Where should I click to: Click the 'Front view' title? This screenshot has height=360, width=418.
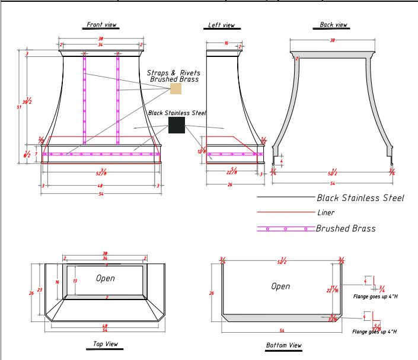(101, 25)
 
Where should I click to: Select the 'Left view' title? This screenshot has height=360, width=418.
(221, 26)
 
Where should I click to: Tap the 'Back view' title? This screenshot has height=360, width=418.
(333, 25)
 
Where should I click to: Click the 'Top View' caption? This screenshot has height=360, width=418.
(106, 344)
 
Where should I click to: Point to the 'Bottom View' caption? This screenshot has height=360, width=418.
(284, 345)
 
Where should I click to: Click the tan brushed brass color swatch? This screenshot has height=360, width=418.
(176, 88)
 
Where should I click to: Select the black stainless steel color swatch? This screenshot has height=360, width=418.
(177, 125)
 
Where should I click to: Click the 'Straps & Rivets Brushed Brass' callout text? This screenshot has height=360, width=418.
(174, 75)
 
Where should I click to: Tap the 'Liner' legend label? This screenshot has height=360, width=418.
(326, 212)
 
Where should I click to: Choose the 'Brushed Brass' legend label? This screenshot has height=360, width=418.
(345, 228)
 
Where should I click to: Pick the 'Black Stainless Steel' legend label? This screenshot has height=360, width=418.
(360, 198)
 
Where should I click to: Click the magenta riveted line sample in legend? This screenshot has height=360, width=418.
(285, 228)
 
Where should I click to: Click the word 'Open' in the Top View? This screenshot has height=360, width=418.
(105, 278)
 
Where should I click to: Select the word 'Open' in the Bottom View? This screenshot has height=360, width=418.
(280, 286)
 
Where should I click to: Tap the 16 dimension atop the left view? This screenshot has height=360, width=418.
(226, 43)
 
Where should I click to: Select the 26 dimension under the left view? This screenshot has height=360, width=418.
(229, 185)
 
